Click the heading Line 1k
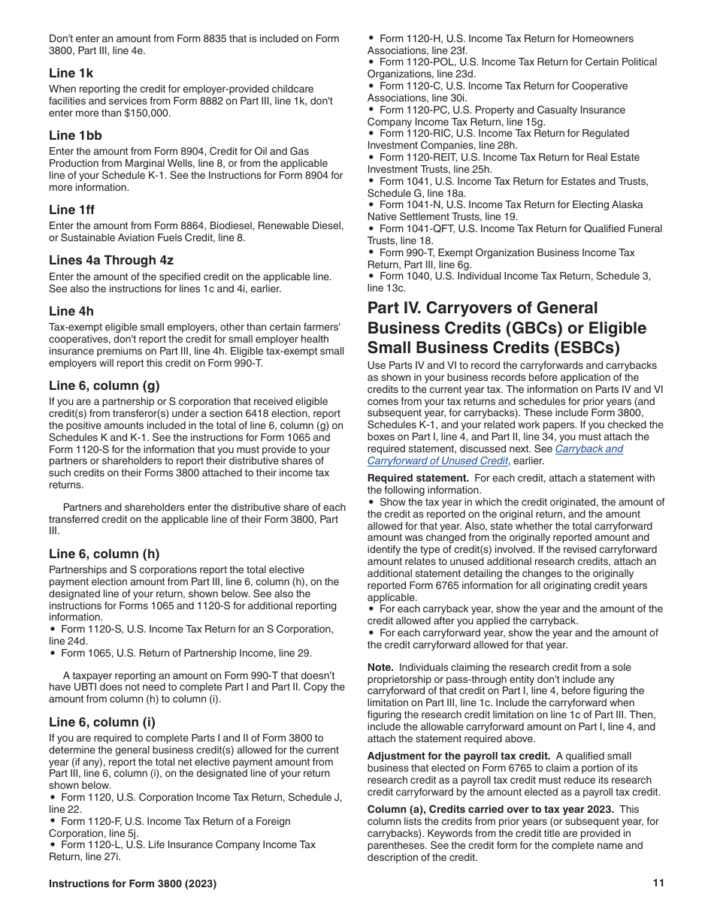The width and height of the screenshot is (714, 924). click(71, 73)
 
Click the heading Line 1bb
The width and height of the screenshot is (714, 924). click(75, 135)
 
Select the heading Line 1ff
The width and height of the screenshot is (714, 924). click(72, 210)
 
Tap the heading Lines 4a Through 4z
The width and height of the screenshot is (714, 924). click(111, 260)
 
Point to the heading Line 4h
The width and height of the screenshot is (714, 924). click(71, 311)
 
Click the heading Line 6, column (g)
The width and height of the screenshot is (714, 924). click(104, 385)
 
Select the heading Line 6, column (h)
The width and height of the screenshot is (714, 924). click(104, 554)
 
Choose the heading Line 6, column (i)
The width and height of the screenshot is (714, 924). click(102, 722)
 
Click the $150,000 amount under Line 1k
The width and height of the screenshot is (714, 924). click(148, 113)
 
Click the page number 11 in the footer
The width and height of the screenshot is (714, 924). click(658, 883)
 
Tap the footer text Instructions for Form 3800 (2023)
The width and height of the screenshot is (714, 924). click(132, 883)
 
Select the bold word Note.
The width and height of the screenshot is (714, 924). click(380, 667)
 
